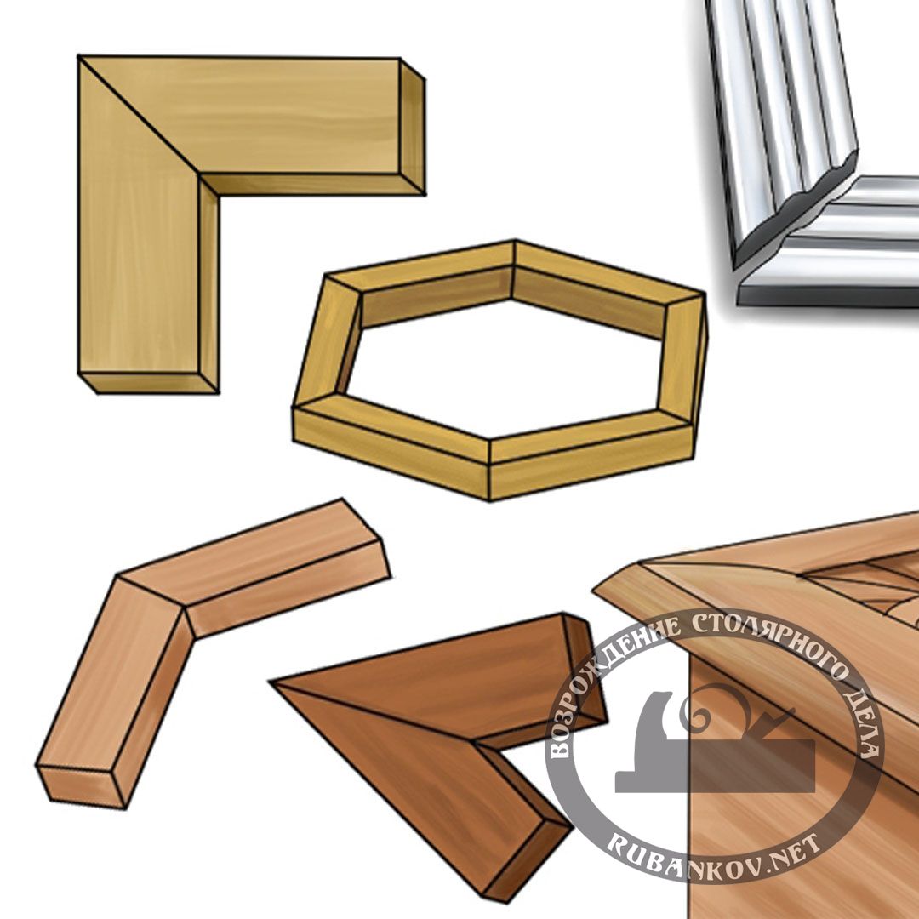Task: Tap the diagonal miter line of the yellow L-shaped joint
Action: coord(139,115)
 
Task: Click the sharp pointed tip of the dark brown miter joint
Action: coord(271,682)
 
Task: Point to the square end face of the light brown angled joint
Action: coord(82,786)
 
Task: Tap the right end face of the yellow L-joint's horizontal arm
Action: coord(413,127)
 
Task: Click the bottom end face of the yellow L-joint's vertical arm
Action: coord(148,383)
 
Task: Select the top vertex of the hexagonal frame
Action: coord(515,240)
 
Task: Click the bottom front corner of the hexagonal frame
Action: coord(489,500)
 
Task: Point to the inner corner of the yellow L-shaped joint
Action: coord(199,174)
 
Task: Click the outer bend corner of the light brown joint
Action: coord(120,577)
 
